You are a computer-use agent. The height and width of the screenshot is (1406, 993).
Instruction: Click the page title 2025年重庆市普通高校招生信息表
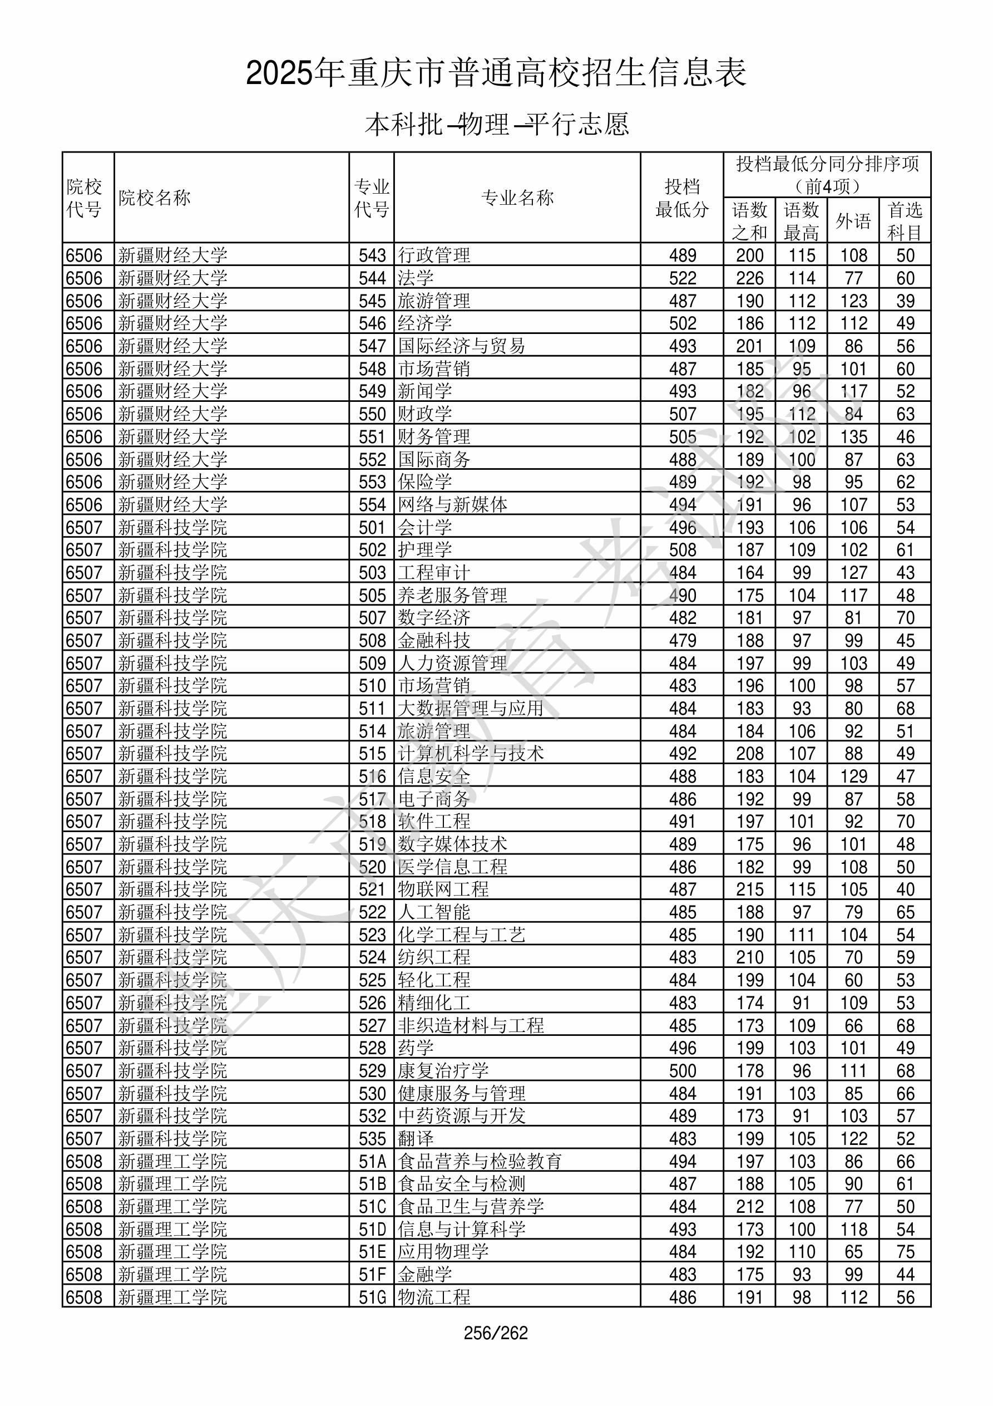[x=496, y=73]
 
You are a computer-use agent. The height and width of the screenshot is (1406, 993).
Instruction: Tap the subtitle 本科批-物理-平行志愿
[x=496, y=124]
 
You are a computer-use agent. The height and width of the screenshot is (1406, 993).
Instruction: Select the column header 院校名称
[x=155, y=198]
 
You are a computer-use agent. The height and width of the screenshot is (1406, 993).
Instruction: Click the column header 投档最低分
[x=682, y=198]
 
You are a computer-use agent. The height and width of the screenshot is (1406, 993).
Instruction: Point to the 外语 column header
[x=853, y=221]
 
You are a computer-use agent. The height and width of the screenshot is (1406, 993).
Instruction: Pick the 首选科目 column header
[x=905, y=221]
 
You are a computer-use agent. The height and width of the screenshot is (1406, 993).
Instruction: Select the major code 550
[x=372, y=415]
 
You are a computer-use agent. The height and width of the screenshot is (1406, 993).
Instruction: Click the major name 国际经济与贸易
[x=462, y=347]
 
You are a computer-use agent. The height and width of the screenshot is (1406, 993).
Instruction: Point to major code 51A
[x=372, y=1162]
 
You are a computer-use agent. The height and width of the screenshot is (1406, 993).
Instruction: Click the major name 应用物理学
[x=443, y=1252]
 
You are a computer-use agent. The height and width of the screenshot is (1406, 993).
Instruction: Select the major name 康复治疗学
[x=443, y=1071]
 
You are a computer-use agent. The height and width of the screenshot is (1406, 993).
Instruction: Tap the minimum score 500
[x=683, y=1071]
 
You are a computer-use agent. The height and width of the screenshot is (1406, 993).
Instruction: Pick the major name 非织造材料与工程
[x=471, y=1026]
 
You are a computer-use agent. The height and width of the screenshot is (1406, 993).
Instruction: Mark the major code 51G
[x=372, y=1297]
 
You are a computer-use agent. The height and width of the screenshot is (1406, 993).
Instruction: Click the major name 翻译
[x=416, y=1139]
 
